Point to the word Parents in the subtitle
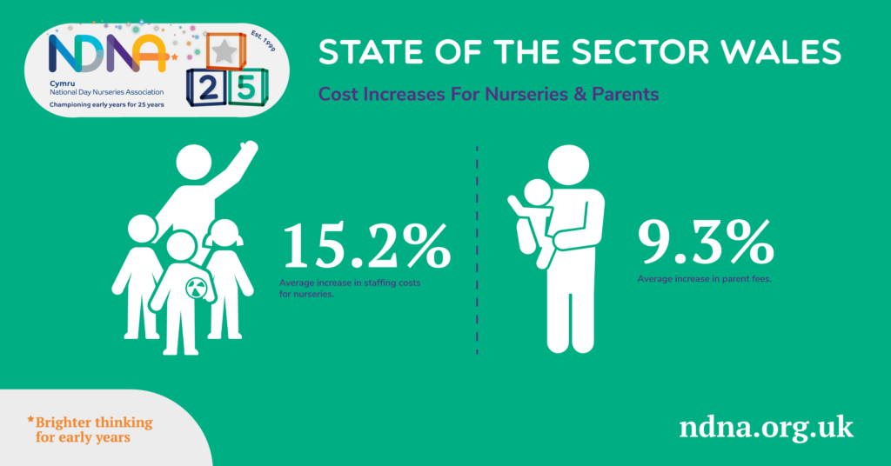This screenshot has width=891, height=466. click(x=625, y=94)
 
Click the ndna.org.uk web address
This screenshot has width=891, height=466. click(x=766, y=427)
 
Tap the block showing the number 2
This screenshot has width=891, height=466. click(x=207, y=88)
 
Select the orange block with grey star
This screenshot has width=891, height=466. click(x=225, y=51)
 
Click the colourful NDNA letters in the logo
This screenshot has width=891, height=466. click(x=107, y=53)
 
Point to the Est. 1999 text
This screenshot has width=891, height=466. click(x=263, y=42)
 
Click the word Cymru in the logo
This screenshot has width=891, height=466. click(x=62, y=83)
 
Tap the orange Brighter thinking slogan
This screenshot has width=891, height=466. click(x=90, y=429)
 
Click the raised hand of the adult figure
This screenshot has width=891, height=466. click(x=248, y=148)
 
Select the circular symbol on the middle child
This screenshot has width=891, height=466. click(x=196, y=288)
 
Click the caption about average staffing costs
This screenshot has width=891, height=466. click(x=350, y=289)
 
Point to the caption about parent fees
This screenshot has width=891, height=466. click(x=704, y=279)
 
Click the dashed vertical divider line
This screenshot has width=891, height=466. click(x=477, y=250)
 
